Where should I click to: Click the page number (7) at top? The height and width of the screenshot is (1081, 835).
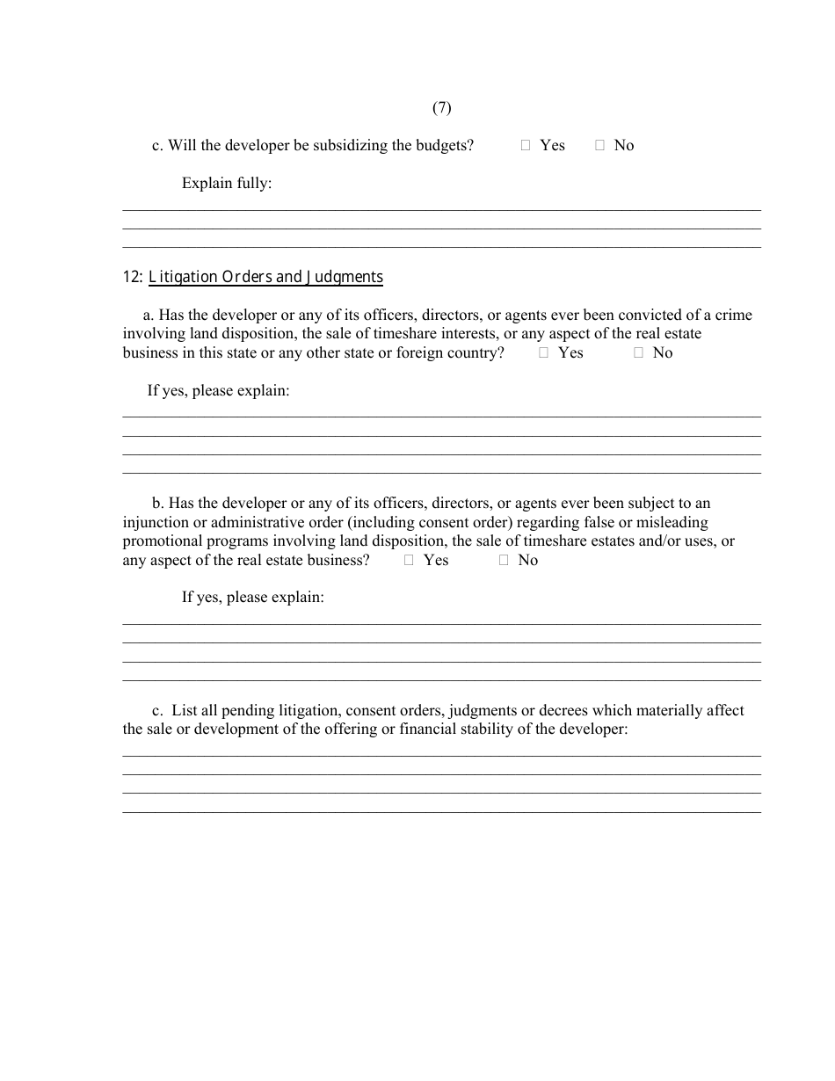tap(441, 107)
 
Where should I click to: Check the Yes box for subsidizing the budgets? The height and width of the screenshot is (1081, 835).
tap(526, 146)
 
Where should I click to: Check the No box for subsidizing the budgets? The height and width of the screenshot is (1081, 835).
tap(600, 146)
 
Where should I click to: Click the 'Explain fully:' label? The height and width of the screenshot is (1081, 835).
tap(227, 183)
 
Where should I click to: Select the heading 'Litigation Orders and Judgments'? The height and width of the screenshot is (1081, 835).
tap(265, 277)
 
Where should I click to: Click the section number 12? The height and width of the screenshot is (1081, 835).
tap(133, 277)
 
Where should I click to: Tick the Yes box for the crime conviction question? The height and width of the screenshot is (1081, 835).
tap(544, 353)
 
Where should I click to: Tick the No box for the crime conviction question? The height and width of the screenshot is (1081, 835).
tap(639, 353)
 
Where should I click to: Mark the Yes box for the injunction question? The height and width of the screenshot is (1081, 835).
tap(410, 561)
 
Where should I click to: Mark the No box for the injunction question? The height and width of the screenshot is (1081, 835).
tap(504, 561)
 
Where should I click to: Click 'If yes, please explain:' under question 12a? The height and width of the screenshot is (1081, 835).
tap(218, 390)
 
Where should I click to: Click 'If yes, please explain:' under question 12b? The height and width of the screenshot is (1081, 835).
tap(253, 598)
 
